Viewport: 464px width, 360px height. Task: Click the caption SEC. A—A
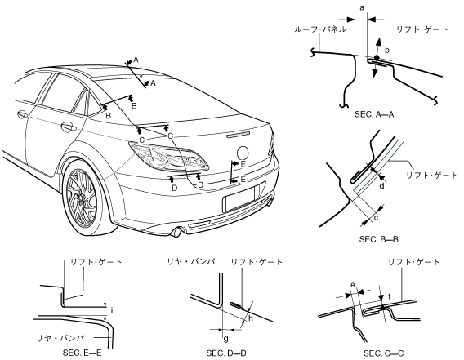click(x=374, y=114)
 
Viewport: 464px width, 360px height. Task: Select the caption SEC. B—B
click(x=379, y=239)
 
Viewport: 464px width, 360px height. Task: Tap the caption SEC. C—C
click(x=383, y=353)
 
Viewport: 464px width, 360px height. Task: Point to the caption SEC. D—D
click(x=226, y=353)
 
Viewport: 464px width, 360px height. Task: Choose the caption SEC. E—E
click(x=82, y=353)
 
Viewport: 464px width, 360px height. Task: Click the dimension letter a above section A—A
click(x=362, y=8)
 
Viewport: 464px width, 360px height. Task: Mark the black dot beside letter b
click(x=377, y=57)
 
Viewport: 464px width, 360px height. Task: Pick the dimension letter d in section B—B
click(x=382, y=186)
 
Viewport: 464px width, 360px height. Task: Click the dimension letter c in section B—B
click(x=377, y=218)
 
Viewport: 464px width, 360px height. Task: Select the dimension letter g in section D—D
click(x=225, y=338)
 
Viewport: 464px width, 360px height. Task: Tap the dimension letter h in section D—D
click(x=251, y=318)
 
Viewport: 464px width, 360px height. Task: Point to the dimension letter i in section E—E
click(x=112, y=310)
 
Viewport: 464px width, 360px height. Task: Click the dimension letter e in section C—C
click(x=352, y=285)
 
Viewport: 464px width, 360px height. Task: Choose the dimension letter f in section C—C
click(x=390, y=295)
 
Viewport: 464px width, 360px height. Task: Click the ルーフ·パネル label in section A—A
click(x=320, y=29)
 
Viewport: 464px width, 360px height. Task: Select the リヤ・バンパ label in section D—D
click(x=191, y=261)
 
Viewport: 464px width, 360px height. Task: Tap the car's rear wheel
click(x=85, y=198)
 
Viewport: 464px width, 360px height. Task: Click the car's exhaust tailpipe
click(x=177, y=232)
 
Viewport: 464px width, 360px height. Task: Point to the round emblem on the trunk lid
click(x=243, y=153)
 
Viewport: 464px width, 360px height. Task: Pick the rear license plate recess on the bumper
click(x=240, y=199)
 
